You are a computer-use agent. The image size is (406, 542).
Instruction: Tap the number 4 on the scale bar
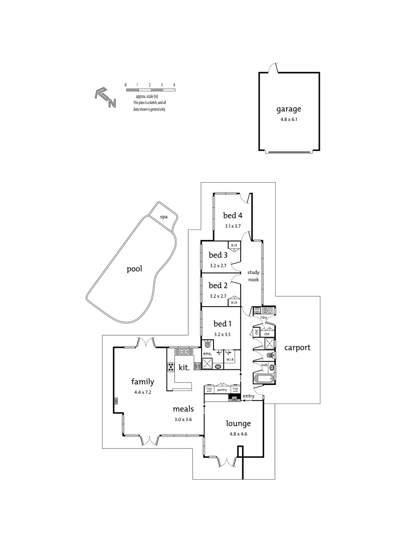pos(174,85)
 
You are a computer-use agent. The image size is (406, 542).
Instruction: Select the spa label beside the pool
pos(163,217)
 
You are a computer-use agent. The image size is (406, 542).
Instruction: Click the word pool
pos(134,269)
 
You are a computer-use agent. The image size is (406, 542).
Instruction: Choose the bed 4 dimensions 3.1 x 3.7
pos(233,226)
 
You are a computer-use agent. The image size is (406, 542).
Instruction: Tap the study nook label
pos(253,276)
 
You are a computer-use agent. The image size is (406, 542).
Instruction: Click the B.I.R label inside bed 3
pos(234,245)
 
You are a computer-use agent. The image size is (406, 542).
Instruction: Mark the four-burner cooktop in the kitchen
pos(171,367)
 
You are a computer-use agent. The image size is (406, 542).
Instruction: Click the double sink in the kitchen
pos(181,351)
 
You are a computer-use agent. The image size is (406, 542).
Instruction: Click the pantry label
pos(223,389)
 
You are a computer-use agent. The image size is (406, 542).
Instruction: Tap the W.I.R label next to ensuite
pos(230,359)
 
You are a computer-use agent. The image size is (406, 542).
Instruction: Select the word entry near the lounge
pos(249,396)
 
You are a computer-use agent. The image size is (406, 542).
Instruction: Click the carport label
pos(297,347)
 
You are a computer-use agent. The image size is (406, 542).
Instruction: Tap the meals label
pos(183,409)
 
